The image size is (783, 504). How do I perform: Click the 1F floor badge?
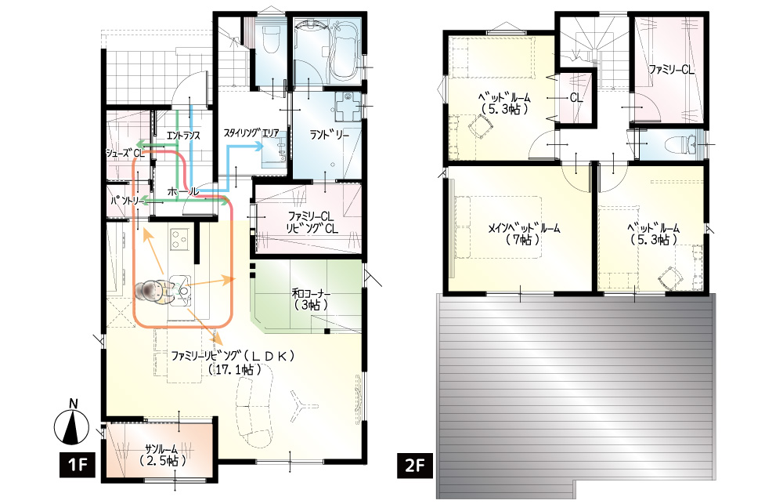tap(77, 466)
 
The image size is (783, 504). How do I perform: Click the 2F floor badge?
tap(414, 466)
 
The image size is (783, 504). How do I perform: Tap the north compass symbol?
tap(72, 423)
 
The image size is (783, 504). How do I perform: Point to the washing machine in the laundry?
tap(347, 107)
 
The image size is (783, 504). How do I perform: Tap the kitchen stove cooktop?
tap(179, 239)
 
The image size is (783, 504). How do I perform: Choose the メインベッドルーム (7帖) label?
tap(523, 234)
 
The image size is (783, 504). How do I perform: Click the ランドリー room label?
tap(329, 135)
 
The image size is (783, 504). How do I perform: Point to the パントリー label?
tap(128, 201)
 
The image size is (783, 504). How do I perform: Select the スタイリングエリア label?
tap(251, 133)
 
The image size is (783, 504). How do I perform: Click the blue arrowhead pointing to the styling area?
tap(258, 147)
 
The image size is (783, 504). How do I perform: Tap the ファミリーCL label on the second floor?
tap(671, 70)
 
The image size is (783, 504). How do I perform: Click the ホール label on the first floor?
tap(182, 191)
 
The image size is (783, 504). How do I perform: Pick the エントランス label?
tap(183, 136)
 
